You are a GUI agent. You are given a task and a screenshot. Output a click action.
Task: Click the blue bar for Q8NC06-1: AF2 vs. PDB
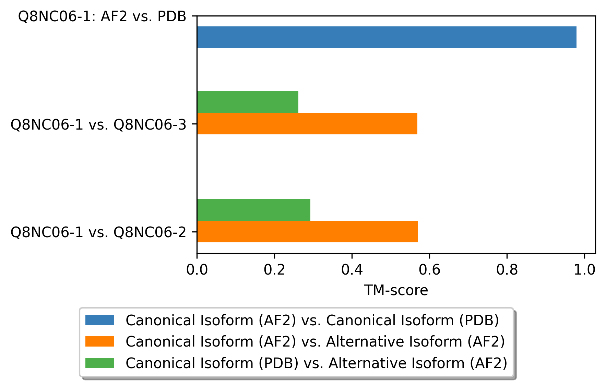(x=387, y=37)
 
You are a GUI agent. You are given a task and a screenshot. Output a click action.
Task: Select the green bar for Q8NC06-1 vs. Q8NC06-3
(x=248, y=102)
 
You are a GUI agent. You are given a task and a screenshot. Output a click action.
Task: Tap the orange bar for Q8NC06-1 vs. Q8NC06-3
(x=307, y=123)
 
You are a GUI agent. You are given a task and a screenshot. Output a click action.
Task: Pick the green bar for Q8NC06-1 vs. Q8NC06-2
(x=253, y=210)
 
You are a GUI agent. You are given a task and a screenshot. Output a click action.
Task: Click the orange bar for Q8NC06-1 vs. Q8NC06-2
(x=307, y=231)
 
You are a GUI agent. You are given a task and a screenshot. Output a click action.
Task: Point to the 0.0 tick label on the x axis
(x=197, y=270)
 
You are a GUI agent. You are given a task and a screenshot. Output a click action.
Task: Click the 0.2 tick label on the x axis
(x=274, y=270)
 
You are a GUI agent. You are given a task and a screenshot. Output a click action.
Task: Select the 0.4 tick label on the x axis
(x=352, y=270)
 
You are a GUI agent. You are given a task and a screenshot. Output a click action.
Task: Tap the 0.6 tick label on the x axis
(x=429, y=270)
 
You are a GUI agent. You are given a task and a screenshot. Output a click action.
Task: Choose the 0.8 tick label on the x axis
(x=507, y=270)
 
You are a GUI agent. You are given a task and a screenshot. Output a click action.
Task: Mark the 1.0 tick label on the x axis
(x=584, y=270)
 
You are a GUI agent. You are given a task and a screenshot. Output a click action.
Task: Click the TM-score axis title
(x=396, y=290)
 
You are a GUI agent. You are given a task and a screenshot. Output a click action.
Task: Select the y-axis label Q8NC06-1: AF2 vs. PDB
(x=102, y=16)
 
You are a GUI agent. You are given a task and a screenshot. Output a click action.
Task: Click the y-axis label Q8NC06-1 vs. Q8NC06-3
(x=98, y=124)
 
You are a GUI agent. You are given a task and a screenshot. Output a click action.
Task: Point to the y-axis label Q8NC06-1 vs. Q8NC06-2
(x=98, y=232)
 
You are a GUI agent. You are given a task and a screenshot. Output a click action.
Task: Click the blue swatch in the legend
(x=99, y=320)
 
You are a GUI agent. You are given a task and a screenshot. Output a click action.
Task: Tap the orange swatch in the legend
(x=99, y=341)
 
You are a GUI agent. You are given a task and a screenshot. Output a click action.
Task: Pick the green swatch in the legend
(x=99, y=363)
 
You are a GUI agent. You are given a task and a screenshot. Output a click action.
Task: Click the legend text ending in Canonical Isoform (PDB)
(x=312, y=320)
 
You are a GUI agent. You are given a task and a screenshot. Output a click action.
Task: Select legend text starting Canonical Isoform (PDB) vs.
(x=316, y=363)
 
